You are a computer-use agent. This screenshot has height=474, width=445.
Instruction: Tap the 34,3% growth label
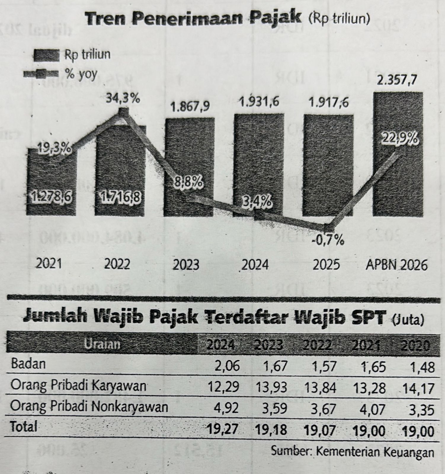point(123,99)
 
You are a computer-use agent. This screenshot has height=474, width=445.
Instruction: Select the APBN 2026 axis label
point(397,264)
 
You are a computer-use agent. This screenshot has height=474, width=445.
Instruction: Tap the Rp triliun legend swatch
point(47,55)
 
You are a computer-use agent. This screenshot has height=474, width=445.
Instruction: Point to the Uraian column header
point(103,344)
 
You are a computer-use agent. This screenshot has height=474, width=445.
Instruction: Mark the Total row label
point(24,427)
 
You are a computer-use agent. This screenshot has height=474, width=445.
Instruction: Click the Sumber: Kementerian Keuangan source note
point(353,452)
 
